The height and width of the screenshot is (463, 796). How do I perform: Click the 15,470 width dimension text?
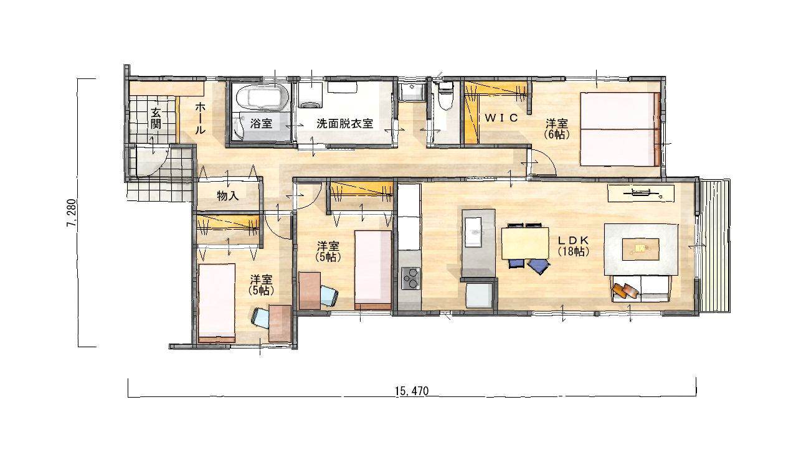pyautogui.click(x=412, y=391)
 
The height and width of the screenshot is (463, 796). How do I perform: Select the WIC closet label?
pyautogui.click(x=501, y=118)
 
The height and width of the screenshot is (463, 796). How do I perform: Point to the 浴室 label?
pyautogui.click(x=261, y=123)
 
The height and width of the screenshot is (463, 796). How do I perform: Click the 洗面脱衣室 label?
pyautogui.click(x=344, y=123)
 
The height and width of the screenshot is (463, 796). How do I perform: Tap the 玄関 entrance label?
pyautogui.click(x=156, y=118)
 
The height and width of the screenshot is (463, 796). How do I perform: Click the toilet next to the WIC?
pyautogui.click(x=445, y=96)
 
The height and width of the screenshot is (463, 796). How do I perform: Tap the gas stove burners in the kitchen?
pyautogui.click(x=410, y=278)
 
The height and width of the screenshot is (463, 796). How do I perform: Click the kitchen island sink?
pyautogui.click(x=477, y=231)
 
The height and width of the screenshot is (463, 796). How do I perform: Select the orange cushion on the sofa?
pyautogui.click(x=625, y=290)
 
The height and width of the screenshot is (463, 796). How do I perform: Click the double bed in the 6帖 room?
pyautogui.click(x=619, y=129)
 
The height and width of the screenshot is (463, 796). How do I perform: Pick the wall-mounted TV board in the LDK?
pyautogui.click(x=641, y=194)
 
